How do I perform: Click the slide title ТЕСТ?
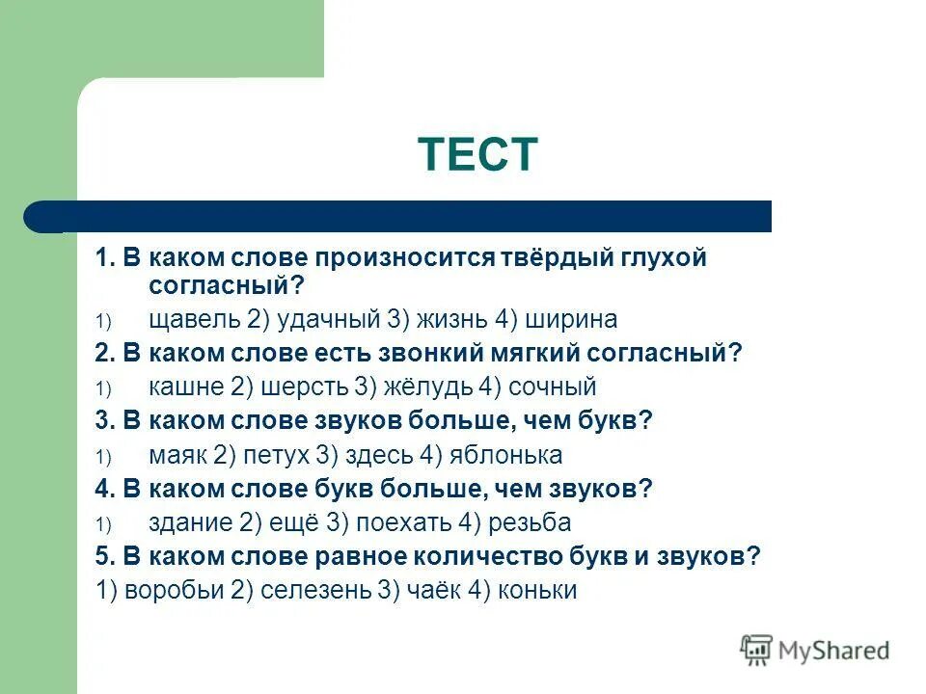tap(477, 154)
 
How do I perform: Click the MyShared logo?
tap(815, 651)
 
